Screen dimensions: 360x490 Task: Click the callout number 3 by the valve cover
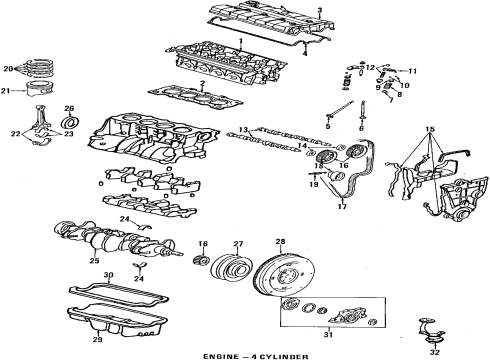(x=319, y=10)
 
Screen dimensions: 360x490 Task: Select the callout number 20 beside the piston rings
(x=8, y=69)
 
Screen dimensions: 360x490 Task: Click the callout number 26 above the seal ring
(x=69, y=108)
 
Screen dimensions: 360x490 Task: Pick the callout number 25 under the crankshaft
(x=93, y=262)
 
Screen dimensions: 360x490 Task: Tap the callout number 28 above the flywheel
(x=279, y=241)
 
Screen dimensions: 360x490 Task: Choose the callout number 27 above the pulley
(x=238, y=243)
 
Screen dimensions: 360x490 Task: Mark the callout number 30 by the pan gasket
(x=109, y=275)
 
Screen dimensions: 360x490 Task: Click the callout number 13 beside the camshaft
(x=243, y=130)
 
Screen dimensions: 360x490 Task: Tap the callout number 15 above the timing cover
(x=431, y=131)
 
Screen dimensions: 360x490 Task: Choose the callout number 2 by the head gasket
(x=202, y=84)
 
